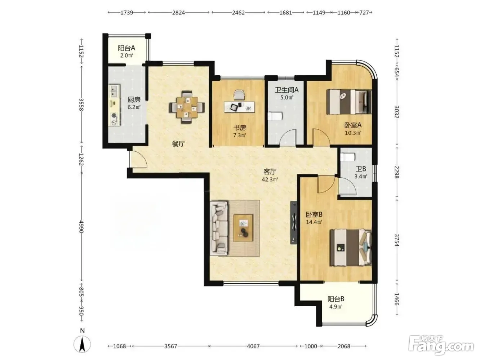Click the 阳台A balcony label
(x=126, y=48)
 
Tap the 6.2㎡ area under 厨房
(x=134, y=107)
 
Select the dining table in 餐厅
(x=187, y=107)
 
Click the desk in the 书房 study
(x=240, y=106)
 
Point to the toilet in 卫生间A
(x=275, y=116)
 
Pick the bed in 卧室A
(x=349, y=102)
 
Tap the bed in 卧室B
(x=351, y=248)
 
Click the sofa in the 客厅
(x=219, y=228)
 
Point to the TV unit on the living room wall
(x=293, y=223)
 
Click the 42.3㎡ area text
(x=270, y=180)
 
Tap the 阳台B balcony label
(x=336, y=299)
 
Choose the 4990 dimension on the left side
(x=81, y=227)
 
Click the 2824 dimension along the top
(x=178, y=13)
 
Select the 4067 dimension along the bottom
(x=253, y=346)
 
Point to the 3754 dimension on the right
(x=397, y=240)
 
